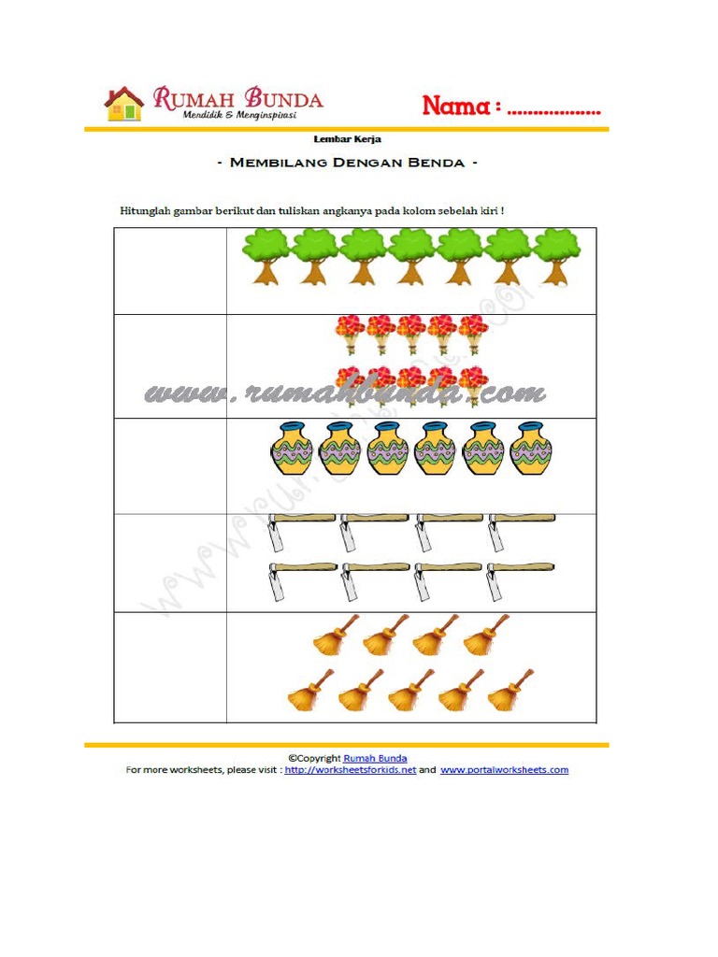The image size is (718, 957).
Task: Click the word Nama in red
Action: click(x=456, y=107)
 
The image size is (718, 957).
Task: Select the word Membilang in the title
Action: click(x=276, y=163)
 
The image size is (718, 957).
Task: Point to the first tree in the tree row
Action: click(x=266, y=256)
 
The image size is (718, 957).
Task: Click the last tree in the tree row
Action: click(x=556, y=256)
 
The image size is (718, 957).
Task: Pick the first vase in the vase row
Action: click(x=291, y=450)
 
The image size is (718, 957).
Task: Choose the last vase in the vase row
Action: click(x=530, y=450)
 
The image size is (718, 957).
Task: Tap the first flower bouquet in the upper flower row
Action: click(x=351, y=334)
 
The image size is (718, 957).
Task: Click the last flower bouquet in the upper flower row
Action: click(x=473, y=334)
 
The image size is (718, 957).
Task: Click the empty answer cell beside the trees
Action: click(x=170, y=271)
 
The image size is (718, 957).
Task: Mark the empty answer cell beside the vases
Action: click(x=170, y=464)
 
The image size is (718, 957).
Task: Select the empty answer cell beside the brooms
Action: click(x=170, y=667)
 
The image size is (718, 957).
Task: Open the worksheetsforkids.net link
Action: click(x=350, y=770)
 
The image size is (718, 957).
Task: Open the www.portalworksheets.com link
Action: click(x=504, y=770)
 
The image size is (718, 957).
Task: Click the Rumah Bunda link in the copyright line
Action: click(x=375, y=758)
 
